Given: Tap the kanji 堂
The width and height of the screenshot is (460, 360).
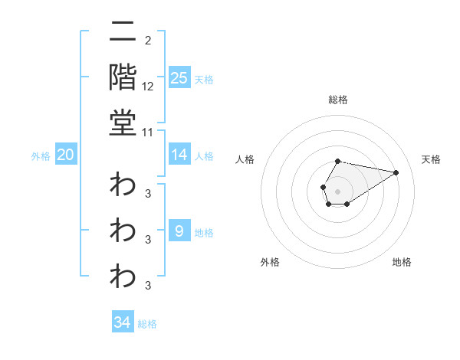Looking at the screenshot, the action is click(x=123, y=122).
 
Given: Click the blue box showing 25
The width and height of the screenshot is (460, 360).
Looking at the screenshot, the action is click(x=179, y=78).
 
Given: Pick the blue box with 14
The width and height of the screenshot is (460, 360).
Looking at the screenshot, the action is click(x=179, y=155).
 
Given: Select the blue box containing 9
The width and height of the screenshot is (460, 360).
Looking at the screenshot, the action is click(x=179, y=231).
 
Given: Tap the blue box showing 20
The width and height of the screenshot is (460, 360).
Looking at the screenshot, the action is click(x=65, y=155).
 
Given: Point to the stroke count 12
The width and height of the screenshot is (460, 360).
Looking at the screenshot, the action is click(x=148, y=87).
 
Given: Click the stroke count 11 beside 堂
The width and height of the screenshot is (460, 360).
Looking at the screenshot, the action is click(x=148, y=132).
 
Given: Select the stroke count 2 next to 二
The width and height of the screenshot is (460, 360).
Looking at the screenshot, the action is click(x=147, y=41).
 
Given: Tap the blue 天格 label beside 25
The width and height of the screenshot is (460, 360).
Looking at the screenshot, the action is click(x=204, y=79).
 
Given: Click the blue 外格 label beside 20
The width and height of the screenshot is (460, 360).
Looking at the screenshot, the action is click(x=41, y=156).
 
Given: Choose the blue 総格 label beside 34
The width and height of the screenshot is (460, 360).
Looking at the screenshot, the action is click(x=147, y=324).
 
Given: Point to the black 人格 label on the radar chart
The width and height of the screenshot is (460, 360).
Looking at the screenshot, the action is click(x=245, y=159).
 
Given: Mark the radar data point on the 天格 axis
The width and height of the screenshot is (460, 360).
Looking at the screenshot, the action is click(x=396, y=172).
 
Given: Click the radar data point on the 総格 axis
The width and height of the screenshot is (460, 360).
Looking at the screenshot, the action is click(x=338, y=162).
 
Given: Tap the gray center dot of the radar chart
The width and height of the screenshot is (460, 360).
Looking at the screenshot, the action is click(x=338, y=191).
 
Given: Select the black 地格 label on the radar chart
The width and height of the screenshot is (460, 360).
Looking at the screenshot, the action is click(x=402, y=263).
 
